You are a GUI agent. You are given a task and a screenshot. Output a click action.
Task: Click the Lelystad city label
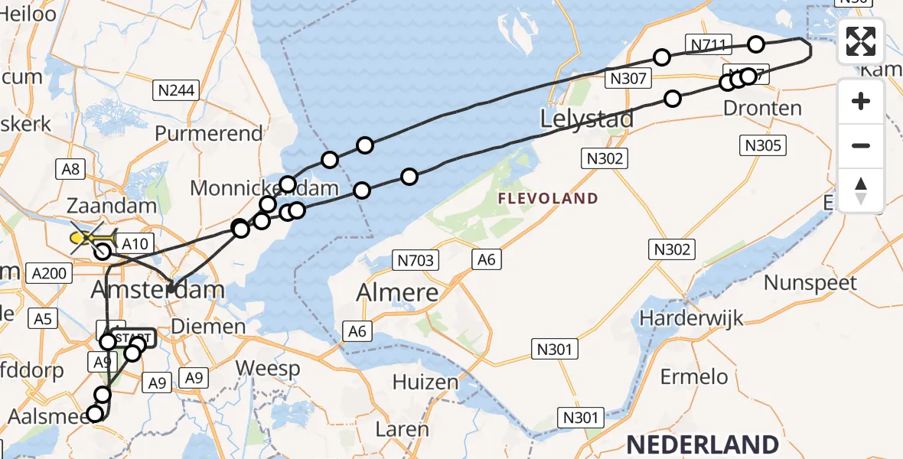[587, 119]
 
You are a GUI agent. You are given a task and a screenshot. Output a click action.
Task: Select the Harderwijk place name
[692, 317]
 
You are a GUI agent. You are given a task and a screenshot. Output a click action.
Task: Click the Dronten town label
[763, 108]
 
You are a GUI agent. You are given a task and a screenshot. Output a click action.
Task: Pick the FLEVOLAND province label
[547, 199]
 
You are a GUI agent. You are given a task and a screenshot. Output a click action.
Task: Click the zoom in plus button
[861, 101]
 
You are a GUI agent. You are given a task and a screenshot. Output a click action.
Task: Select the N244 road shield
[176, 90]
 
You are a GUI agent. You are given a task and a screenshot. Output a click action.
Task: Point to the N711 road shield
[708, 45]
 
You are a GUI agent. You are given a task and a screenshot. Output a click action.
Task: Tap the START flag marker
[136, 337]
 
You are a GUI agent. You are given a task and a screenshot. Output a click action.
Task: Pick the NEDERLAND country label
[702, 444]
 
